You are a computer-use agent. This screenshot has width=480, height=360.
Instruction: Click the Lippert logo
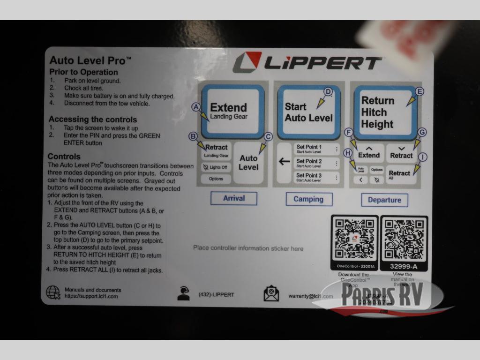[x=307, y=63]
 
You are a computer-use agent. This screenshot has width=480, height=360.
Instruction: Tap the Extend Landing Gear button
[x=232, y=111]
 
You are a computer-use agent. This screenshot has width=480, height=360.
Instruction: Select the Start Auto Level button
[x=308, y=112]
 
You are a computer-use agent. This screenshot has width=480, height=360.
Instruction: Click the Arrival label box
[x=233, y=198]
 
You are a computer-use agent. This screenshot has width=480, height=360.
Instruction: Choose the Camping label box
[x=308, y=199]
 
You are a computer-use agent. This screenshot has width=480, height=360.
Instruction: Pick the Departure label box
[x=384, y=200]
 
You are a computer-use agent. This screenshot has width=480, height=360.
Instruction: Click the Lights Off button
[x=216, y=167]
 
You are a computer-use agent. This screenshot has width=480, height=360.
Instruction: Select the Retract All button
[x=401, y=175]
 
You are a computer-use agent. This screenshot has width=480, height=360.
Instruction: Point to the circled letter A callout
[x=196, y=107]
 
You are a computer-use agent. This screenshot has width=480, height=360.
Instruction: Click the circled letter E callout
[x=419, y=91]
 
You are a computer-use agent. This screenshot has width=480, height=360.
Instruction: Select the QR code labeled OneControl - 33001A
[x=354, y=239]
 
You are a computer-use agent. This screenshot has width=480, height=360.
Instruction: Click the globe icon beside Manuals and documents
[x=53, y=292]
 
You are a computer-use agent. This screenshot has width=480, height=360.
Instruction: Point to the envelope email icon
[x=271, y=294]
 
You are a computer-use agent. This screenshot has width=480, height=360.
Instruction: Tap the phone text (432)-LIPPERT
[x=216, y=295]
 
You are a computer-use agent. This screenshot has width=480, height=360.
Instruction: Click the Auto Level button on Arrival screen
[x=248, y=162]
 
